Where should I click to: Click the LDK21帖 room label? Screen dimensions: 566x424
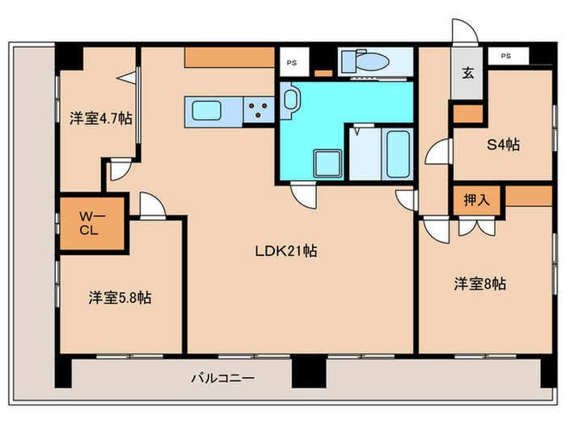pos(286,251)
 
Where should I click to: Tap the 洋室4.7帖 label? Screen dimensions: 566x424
pos(101,118)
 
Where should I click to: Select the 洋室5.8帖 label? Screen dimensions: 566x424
pos(120,298)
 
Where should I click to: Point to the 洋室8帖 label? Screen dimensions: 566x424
pos(479,283)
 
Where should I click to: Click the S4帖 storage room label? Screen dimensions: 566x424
pos(503,145)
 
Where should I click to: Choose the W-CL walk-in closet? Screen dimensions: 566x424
pos(92,224)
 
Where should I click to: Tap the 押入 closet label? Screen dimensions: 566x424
pos(476,199)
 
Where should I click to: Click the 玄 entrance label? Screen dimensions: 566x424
pos(468,73)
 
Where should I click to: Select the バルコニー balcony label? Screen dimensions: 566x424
pos(222,378)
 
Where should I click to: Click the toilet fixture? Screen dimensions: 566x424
pos(365,61)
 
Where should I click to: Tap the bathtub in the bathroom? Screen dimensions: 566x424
pos(398,154)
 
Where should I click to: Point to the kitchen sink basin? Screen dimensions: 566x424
pos(206,111)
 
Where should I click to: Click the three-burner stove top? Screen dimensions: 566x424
pos(259,110)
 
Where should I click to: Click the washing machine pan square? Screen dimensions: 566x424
pos(327,164)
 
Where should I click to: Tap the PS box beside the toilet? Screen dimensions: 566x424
pos(294,62)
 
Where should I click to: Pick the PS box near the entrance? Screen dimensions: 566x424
pos(509,56)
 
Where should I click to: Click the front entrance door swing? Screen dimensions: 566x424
pos(465,31)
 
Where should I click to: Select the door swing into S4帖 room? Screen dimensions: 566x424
pos(438,152)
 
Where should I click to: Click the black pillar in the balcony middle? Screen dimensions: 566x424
pos(309,371)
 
